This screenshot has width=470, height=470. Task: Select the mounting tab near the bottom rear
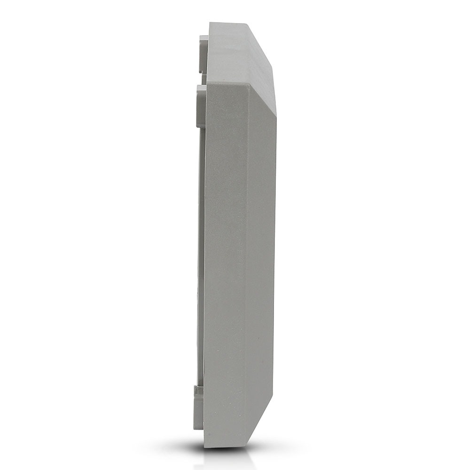[x=199, y=407]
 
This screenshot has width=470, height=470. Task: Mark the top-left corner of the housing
[x=210, y=23]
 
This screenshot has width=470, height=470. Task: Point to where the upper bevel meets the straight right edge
[x=276, y=116]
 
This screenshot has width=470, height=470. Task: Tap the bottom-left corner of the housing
[x=204, y=446]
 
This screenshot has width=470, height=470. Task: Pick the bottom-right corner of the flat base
[x=246, y=446]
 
